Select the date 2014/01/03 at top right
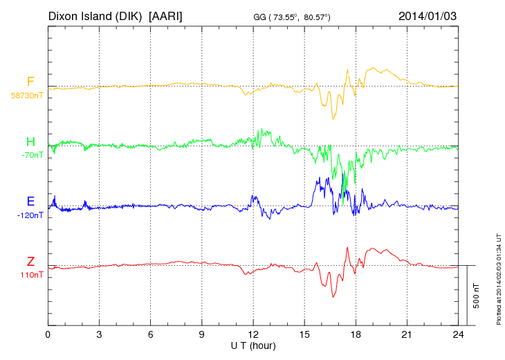428,15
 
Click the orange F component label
30,82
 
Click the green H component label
30,142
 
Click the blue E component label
30,201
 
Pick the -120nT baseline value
30,215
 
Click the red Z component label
30,262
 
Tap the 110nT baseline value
32,275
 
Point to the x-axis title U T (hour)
253,345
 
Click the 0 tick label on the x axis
48,334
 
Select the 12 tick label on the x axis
253,334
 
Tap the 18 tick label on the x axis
356,334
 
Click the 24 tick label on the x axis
458,334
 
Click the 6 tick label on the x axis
150,334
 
